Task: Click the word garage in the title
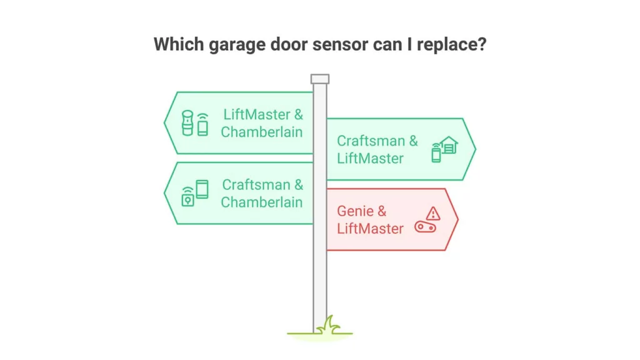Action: point(237,44)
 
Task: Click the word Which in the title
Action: point(179,44)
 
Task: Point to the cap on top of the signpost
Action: point(319,79)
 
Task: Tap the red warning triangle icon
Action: point(433,214)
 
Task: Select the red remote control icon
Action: point(425,227)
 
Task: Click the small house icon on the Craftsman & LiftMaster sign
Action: point(449,145)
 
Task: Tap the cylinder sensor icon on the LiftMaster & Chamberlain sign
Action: point(187,122)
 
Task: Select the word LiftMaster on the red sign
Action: point(370,229)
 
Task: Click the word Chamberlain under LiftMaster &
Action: point(262,132)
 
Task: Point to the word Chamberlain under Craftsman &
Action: point(262,202)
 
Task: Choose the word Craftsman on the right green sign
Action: point(371,141)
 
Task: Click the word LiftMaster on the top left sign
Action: point(257,114)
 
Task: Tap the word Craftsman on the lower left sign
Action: point(256,184)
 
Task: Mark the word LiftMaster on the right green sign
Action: point(370,158)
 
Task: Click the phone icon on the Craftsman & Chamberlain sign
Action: point(202,189)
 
